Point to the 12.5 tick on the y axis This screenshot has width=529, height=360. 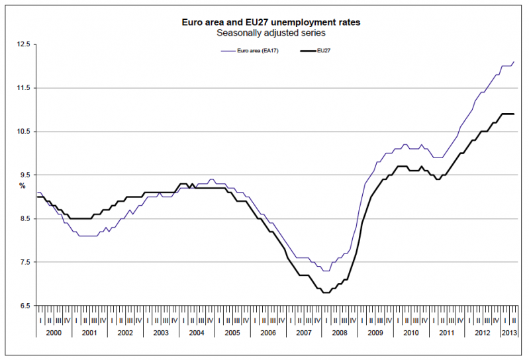(24, 44)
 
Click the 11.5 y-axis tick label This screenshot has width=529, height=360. (24, 88)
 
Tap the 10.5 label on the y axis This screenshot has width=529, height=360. (24, 132)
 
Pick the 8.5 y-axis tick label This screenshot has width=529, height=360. (24, 218)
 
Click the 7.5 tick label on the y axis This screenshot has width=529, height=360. (24, 262)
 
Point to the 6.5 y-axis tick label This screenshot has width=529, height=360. (24, 306)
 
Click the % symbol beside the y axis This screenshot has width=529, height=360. (22, 185)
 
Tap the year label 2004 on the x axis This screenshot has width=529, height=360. (197, 331)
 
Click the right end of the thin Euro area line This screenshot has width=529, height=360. (514, 62)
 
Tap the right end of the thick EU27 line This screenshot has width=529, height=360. (514, 114)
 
